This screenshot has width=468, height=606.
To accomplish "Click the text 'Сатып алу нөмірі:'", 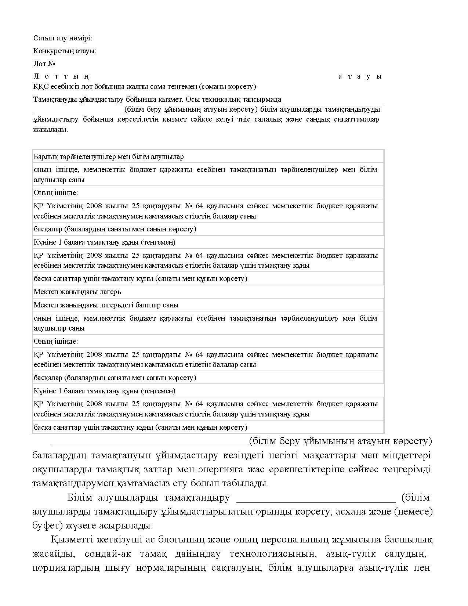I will tap(63, 38).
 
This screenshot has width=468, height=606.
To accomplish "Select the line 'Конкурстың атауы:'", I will tap(65, 51).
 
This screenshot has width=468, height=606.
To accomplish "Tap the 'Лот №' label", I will tap(44, 64).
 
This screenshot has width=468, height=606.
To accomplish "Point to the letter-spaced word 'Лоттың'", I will tap(61, 76).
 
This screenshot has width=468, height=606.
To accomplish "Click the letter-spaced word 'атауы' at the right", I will tap(360, 76).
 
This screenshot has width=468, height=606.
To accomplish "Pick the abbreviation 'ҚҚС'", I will tap(40, 87).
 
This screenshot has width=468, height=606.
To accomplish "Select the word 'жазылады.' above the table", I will tap(51, 130).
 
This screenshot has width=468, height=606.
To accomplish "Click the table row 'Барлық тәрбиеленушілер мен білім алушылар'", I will tap(109, 157).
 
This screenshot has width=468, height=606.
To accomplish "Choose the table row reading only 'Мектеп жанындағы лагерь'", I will tap(77, 292).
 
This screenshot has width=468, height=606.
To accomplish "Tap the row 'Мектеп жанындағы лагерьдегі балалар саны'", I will tap(106, 305).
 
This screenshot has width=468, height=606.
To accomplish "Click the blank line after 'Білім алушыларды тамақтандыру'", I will tap(316, 498).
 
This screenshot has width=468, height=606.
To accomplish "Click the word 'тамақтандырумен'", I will tap(72, 483).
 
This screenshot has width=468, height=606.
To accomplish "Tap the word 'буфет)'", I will tap(47, 526).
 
